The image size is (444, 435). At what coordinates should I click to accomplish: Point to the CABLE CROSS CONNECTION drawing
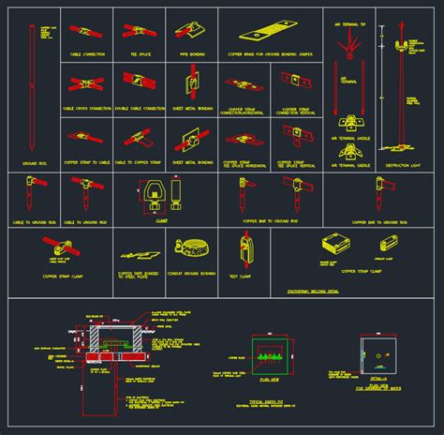coord(85,85)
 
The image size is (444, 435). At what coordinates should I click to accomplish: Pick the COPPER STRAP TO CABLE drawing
coord(85,139)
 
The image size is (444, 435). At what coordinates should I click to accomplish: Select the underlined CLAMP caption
coord(161,222)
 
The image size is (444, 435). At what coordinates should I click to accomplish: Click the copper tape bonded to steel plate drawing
coord(136,254)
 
